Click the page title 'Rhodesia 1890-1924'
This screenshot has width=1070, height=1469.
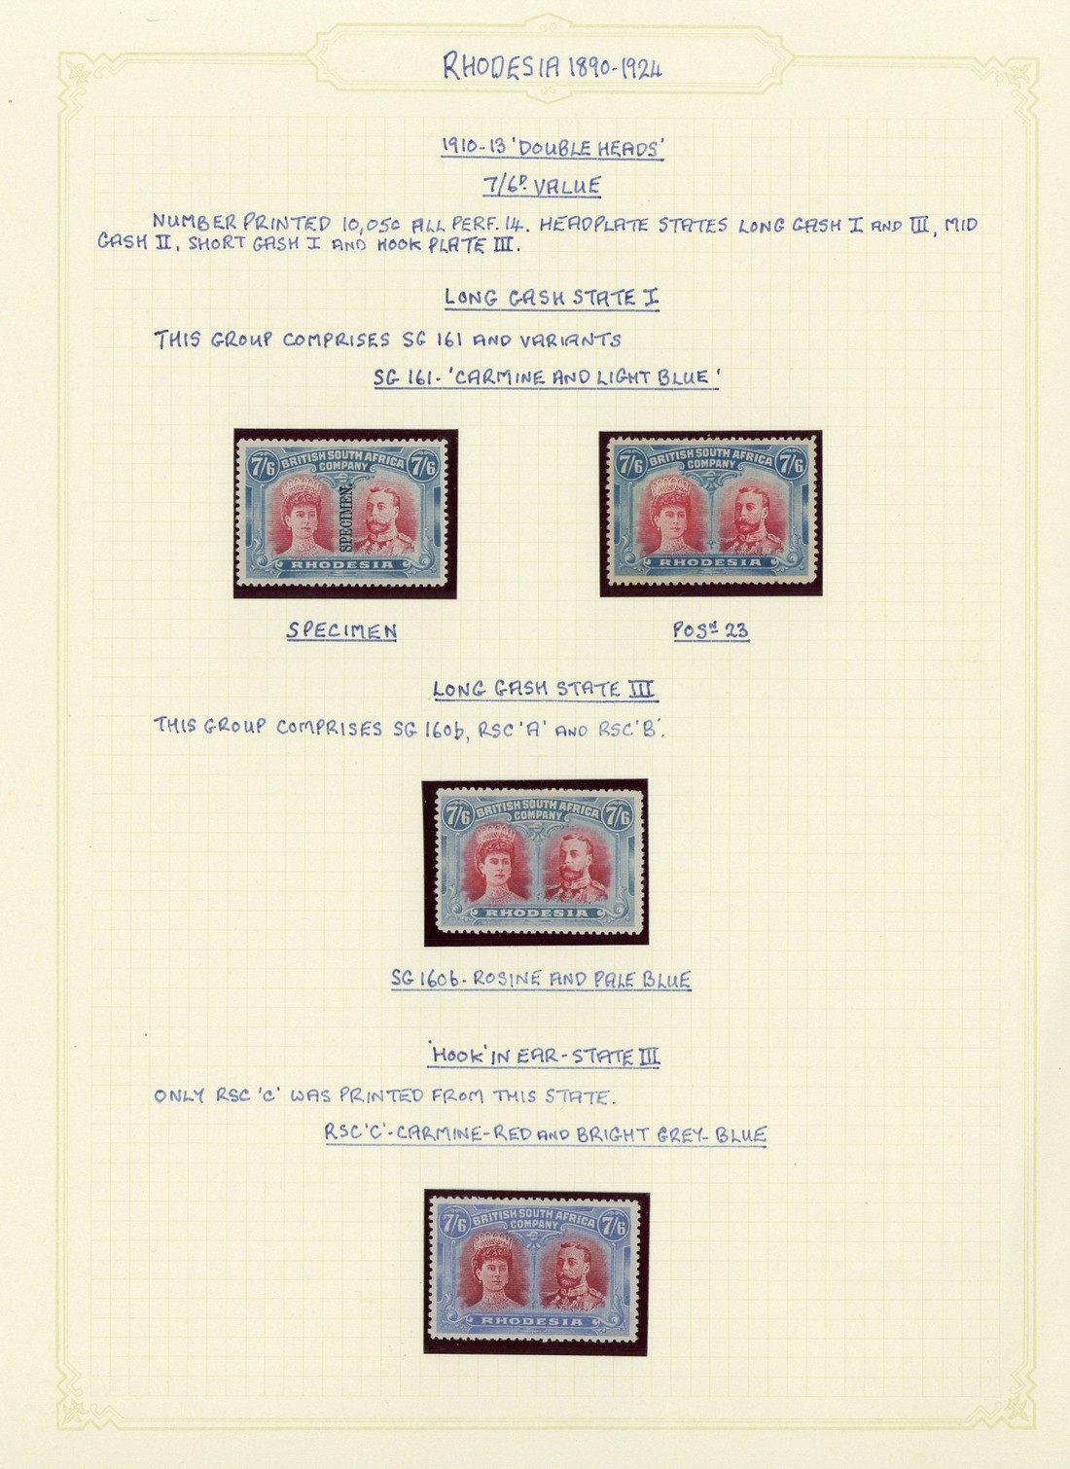coord(553,67)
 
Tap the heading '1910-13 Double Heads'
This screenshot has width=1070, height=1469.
coord(553,149)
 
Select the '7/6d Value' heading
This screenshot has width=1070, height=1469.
coord(542,186)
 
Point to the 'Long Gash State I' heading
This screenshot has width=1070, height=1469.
coord(552,298)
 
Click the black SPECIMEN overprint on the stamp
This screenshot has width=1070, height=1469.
coord(345,519)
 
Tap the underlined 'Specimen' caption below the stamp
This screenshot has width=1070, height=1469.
coord(341,630)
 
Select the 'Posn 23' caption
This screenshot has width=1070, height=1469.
coord(711,630)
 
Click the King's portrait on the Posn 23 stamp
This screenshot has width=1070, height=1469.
coord(751,520)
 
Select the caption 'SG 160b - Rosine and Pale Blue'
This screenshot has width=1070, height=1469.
coord(541,980)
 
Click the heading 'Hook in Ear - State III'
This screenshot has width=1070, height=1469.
coord(544,1057)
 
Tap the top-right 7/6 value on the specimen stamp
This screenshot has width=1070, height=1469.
coord(423,467)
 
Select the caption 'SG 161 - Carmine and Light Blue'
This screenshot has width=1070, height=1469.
coord(546,377)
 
